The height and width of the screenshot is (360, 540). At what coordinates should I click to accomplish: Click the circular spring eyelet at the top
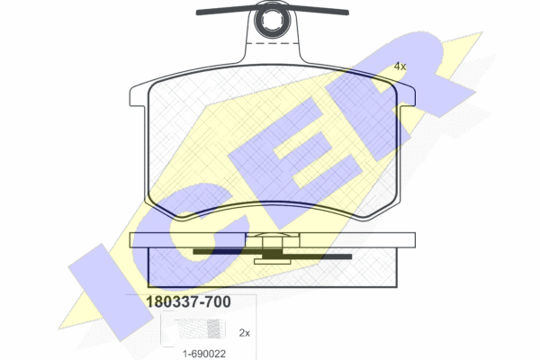[x=273, y=20]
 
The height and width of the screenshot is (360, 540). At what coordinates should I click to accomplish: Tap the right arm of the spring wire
[x=319, y=10]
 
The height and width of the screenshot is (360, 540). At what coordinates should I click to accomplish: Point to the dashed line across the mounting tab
[x=273, y=44]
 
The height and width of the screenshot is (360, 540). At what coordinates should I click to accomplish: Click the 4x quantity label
[x=400, y=67]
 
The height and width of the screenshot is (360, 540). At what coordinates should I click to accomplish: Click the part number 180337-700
[x=188, y=301]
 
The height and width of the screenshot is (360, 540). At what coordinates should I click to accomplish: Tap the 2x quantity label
[x=245, y=333]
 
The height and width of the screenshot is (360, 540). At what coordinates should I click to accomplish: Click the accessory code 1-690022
[x=204, y=354]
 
